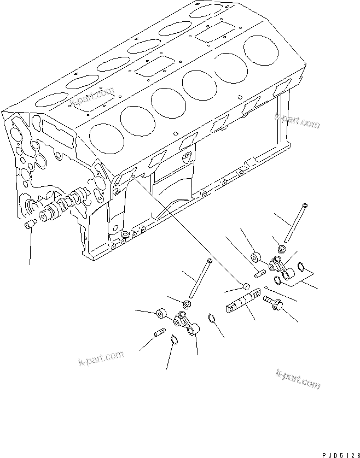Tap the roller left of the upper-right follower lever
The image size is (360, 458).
pyautogui.click(x=256, y=257)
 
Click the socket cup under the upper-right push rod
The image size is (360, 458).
pyautogui.click(x=282, y=249)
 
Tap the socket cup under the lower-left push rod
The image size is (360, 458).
pyautogui.click(x=187, y=303)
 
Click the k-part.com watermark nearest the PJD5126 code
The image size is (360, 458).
pyautogui.click(x=298, y=378)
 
